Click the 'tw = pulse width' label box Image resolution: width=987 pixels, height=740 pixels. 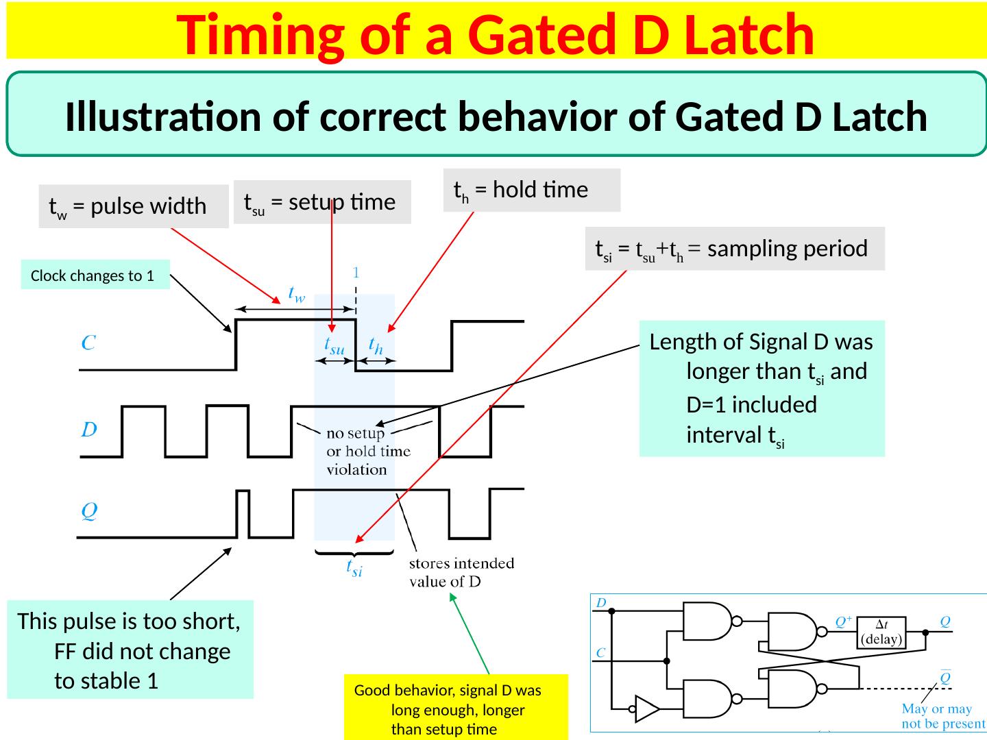[133, 206]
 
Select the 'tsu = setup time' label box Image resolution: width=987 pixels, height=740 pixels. [321, 202]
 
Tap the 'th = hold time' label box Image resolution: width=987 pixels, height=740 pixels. [531, 190]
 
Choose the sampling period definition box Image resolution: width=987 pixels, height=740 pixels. [734, 248]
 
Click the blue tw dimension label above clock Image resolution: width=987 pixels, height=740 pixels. [296, 294]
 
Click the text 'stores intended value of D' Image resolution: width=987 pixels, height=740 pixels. [461, 573]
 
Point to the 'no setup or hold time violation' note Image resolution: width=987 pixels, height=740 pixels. [367, 452]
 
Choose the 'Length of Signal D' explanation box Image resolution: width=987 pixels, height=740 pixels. [761, 388]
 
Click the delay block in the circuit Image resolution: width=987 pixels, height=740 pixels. [884, 631]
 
